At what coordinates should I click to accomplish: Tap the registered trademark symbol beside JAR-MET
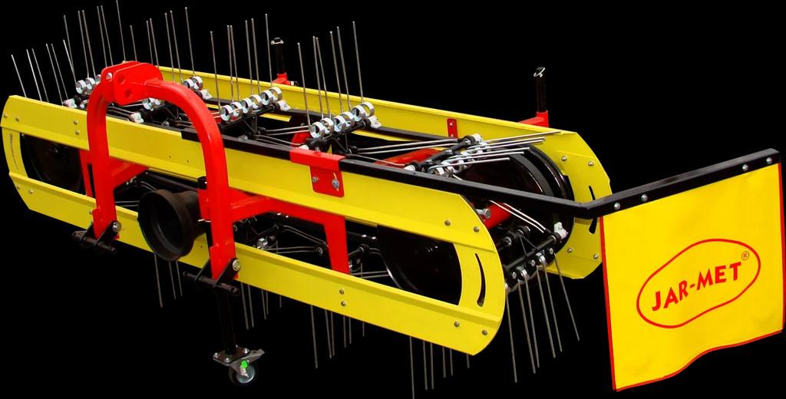point(745,256)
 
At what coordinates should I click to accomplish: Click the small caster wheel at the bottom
point(244,372)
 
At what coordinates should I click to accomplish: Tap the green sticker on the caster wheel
point(244,364)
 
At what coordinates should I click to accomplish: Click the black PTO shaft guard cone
point(168,223)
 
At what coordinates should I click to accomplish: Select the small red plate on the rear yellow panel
point(451,128)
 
